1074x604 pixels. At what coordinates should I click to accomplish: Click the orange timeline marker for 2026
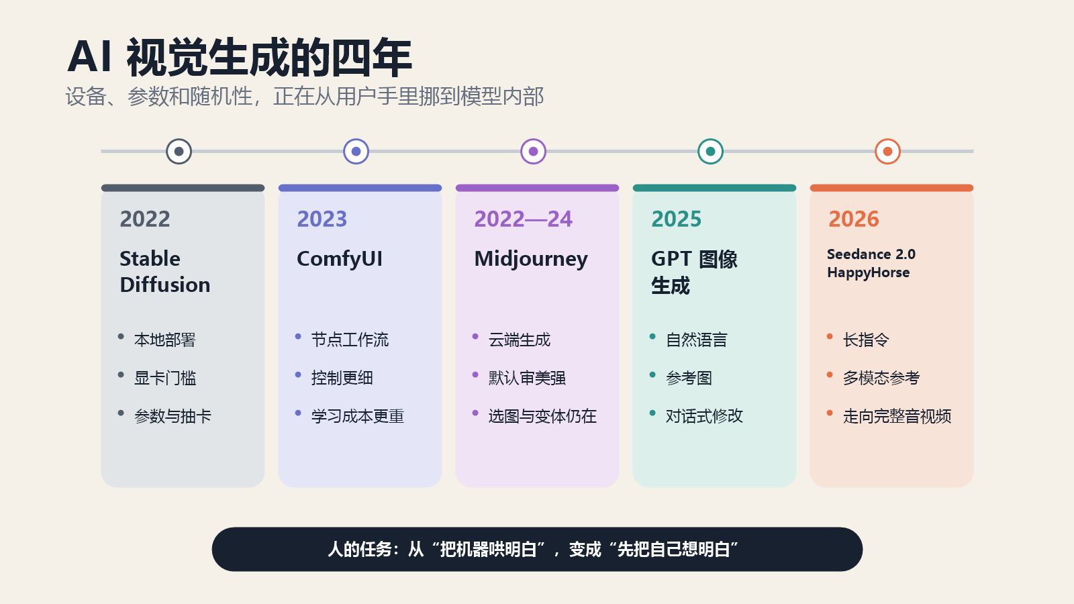coord(887,152)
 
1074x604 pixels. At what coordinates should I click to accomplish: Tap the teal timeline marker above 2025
coord(711,152)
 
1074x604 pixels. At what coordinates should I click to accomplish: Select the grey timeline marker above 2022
coord(179,152)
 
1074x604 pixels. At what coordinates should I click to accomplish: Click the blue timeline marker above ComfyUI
coord(356,152)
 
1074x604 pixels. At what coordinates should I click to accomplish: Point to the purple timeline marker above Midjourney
coord(533,152)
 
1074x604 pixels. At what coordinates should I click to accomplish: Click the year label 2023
coord(322,219)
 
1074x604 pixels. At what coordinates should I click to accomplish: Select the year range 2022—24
coord(523,219)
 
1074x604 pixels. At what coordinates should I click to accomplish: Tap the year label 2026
coord(853,219)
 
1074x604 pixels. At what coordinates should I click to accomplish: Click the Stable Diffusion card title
coord(165,271)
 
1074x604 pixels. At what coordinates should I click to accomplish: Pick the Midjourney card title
coord(531,259)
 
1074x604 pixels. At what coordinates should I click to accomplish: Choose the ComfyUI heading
coord(340,259)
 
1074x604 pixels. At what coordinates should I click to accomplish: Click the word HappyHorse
coord(869,272)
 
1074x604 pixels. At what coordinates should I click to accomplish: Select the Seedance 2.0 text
coord(871,254)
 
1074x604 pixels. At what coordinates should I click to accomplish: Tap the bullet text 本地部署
coord(165,340)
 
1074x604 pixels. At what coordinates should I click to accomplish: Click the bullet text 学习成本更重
coord(358,416)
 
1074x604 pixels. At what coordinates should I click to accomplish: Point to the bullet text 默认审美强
coord(527,379)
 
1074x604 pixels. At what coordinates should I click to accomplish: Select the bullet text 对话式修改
coord(704,416)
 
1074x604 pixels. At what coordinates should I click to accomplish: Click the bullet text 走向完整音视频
coord(897,416)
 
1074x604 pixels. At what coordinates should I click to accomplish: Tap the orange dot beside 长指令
coord(830,336)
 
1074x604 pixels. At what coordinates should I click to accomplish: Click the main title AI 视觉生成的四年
coord(240,58)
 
